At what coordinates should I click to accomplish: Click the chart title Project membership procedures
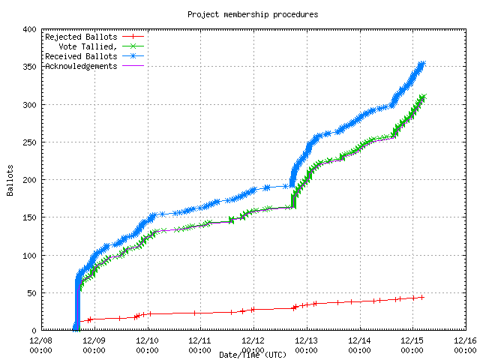252,14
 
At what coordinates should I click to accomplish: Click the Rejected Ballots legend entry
81,36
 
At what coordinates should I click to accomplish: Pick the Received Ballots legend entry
81,56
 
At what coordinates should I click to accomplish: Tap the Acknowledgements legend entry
81,66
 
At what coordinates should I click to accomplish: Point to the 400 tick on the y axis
29,29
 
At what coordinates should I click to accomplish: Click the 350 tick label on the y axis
29,67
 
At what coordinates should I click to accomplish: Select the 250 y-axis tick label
29,142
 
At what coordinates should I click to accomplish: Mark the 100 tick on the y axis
29,255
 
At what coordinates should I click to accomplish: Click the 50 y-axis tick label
31,292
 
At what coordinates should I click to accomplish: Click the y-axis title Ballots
10,180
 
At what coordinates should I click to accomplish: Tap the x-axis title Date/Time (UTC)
252,354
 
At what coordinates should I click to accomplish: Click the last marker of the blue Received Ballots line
422,64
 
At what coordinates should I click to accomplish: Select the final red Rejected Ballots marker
422,297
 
